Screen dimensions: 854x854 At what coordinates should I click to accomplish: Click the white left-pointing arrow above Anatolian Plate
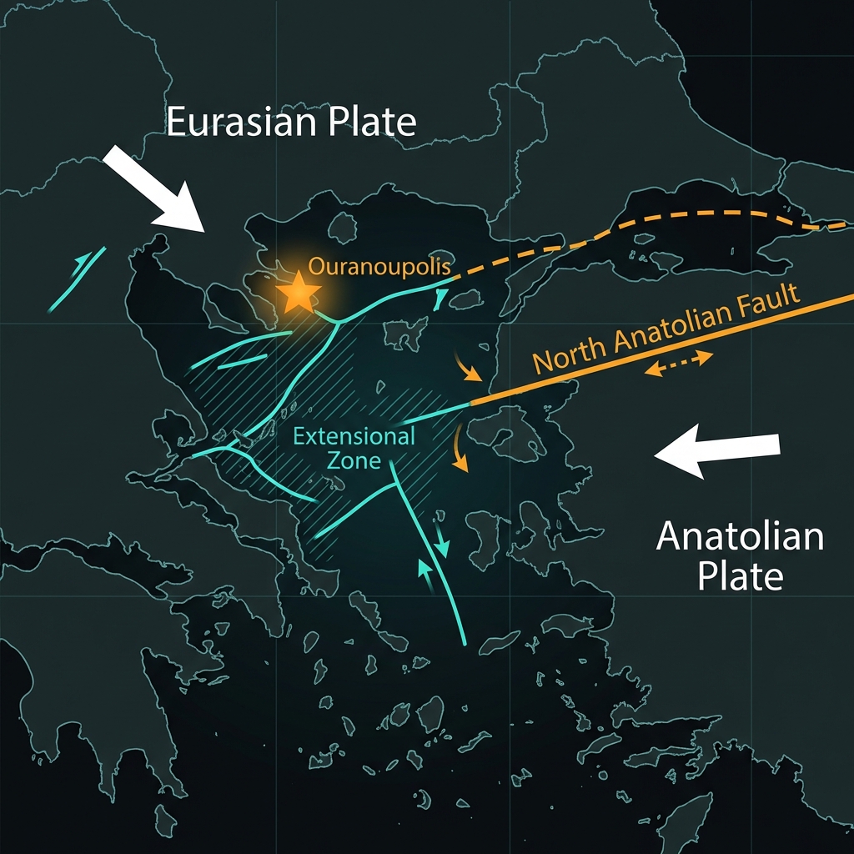[x=716, y=451]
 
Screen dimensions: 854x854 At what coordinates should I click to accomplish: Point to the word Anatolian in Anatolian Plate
[x=740, y=535]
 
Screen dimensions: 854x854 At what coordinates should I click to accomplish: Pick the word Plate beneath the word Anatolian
[x=740, y=575]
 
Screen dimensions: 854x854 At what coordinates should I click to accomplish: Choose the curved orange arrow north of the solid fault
[x=467, y=367]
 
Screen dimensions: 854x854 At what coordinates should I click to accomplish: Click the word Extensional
[x=354, y=437]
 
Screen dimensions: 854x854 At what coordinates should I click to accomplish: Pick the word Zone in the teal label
[x=354, y=460]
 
